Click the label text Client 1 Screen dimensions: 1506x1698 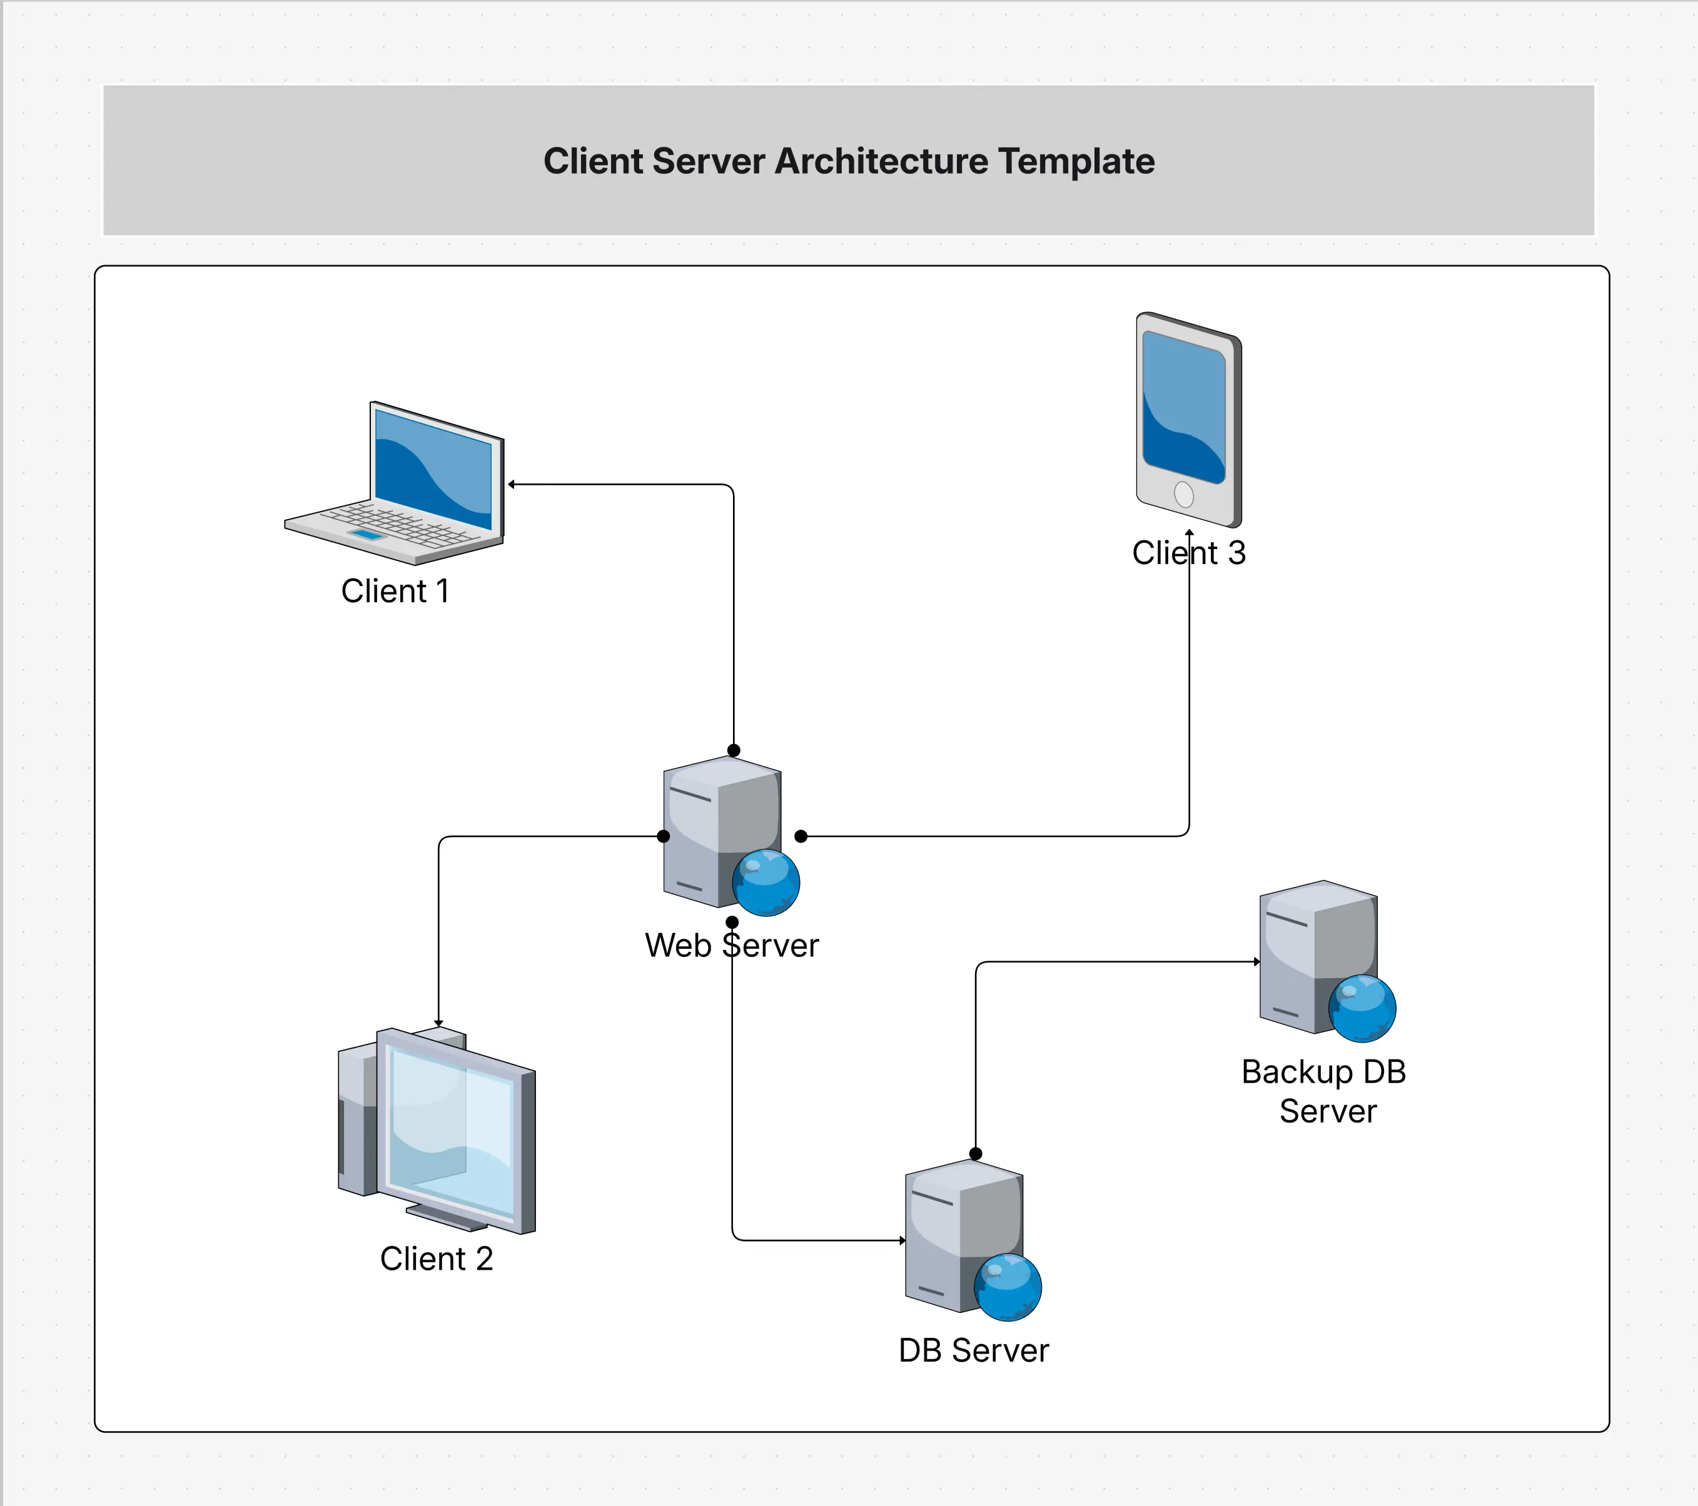click(x=395, y=592)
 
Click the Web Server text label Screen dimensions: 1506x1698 click(x=731, y=945)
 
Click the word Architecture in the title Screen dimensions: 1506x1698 click(x=881, y=161)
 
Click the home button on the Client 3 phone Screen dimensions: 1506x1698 click(x=1184, y=495)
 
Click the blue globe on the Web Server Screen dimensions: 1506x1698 click(x=766, y=882)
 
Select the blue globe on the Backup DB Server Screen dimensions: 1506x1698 click(x=1362, y=1008)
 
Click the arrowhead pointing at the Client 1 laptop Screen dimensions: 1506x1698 click(x=512, y=484)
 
